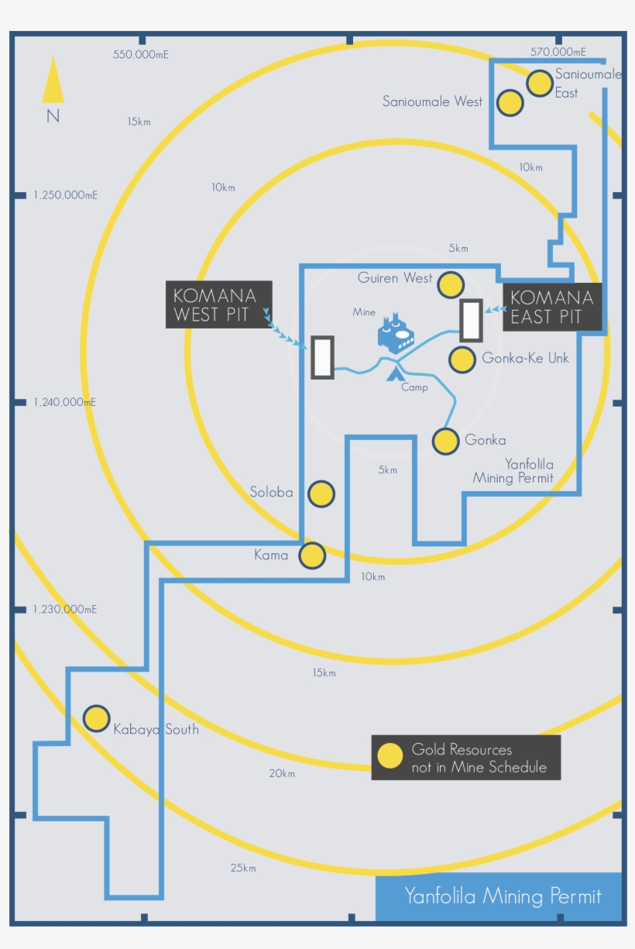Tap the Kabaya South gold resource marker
tap(96, 718)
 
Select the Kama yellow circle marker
tap(312, 555)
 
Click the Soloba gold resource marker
tap(321, 493)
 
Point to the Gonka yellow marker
tap(446, 441)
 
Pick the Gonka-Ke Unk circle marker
tap(462, 359)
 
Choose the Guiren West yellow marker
tap(451, 285)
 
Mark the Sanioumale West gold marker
tap(510, 103)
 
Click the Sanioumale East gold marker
tap(540, 83)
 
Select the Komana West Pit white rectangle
tap(322, 357)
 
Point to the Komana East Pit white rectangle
tap(471, 320)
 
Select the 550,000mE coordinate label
tap(141, 54)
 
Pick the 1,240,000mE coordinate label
tap(65, 402)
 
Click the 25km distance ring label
tap(243, 868)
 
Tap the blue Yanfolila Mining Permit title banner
tap(502, 896)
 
